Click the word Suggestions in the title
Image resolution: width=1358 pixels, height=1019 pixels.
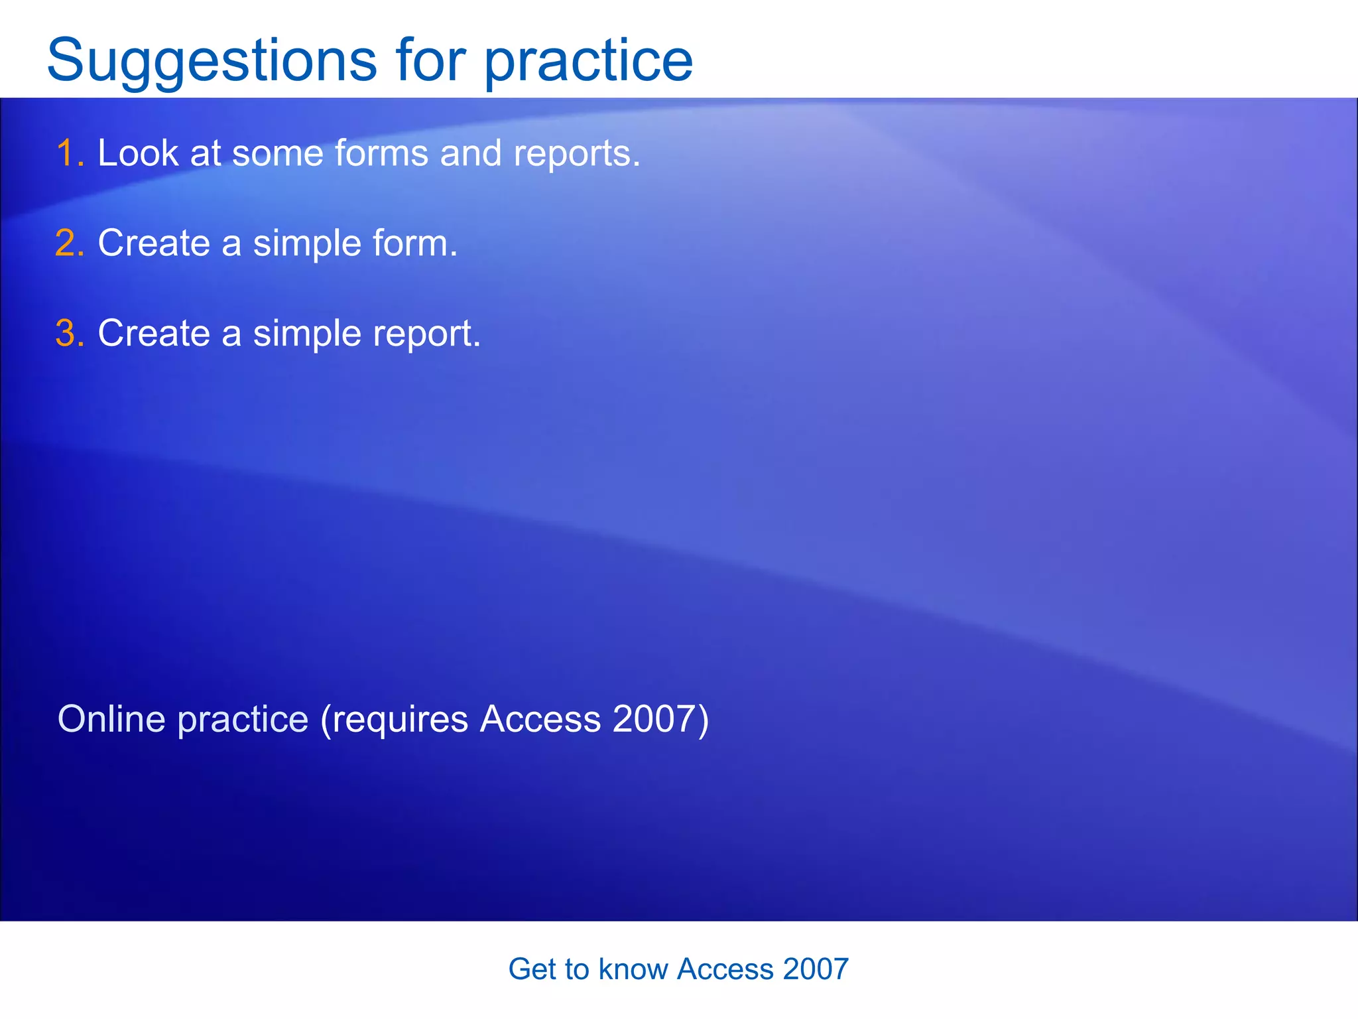click(211, 61)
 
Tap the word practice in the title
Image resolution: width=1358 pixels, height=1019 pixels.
click(588, 61)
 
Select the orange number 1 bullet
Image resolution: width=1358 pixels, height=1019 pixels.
click(68, 153)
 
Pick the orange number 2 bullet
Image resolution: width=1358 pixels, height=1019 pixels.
click(68, 243)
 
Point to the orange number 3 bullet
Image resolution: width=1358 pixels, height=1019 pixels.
click(68, 333)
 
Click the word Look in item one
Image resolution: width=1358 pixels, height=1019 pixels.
click(138, 153)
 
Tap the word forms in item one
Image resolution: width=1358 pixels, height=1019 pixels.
click(381, 153)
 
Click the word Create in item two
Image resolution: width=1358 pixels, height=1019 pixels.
click(154, 243)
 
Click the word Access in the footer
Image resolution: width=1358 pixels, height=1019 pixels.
click(725, 969)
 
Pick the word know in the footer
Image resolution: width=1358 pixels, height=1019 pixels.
click(633, 969)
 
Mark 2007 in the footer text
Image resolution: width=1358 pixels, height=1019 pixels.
click(816, 969)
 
